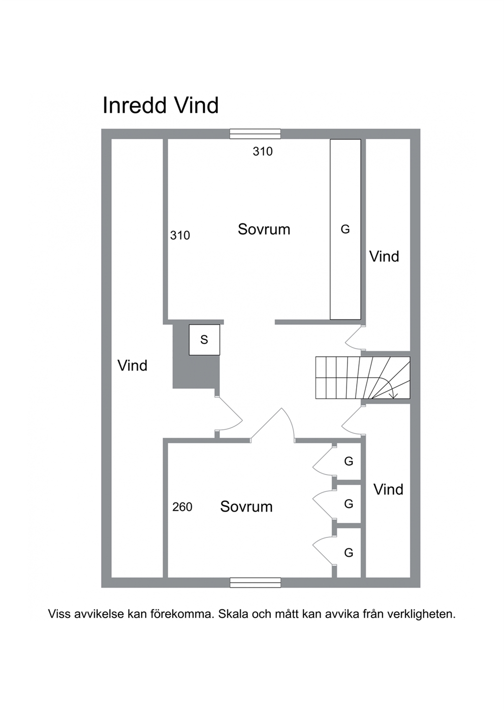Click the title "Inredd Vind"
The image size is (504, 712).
click(161, 106)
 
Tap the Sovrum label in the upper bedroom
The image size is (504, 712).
click(264, 229)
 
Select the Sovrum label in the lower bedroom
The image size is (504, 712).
click(246, 506)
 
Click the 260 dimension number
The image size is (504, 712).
click(182, 507)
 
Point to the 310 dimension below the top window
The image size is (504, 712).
click(263, 152)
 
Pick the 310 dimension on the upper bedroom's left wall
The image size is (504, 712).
click(180, 235)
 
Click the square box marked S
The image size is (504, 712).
click(204, 340)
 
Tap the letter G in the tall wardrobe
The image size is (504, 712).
click(345, 229)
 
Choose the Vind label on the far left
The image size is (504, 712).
click(133, 365)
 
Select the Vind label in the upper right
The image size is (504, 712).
click(384, 256)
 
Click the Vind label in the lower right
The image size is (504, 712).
click(388, 490)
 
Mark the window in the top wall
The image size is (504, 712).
click(255, 134)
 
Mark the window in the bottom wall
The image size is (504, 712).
click(255, 582)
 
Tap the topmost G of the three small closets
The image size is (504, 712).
click(349, 461)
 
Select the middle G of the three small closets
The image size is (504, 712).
click(349, 504)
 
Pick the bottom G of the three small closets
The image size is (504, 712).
click(349, 553)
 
